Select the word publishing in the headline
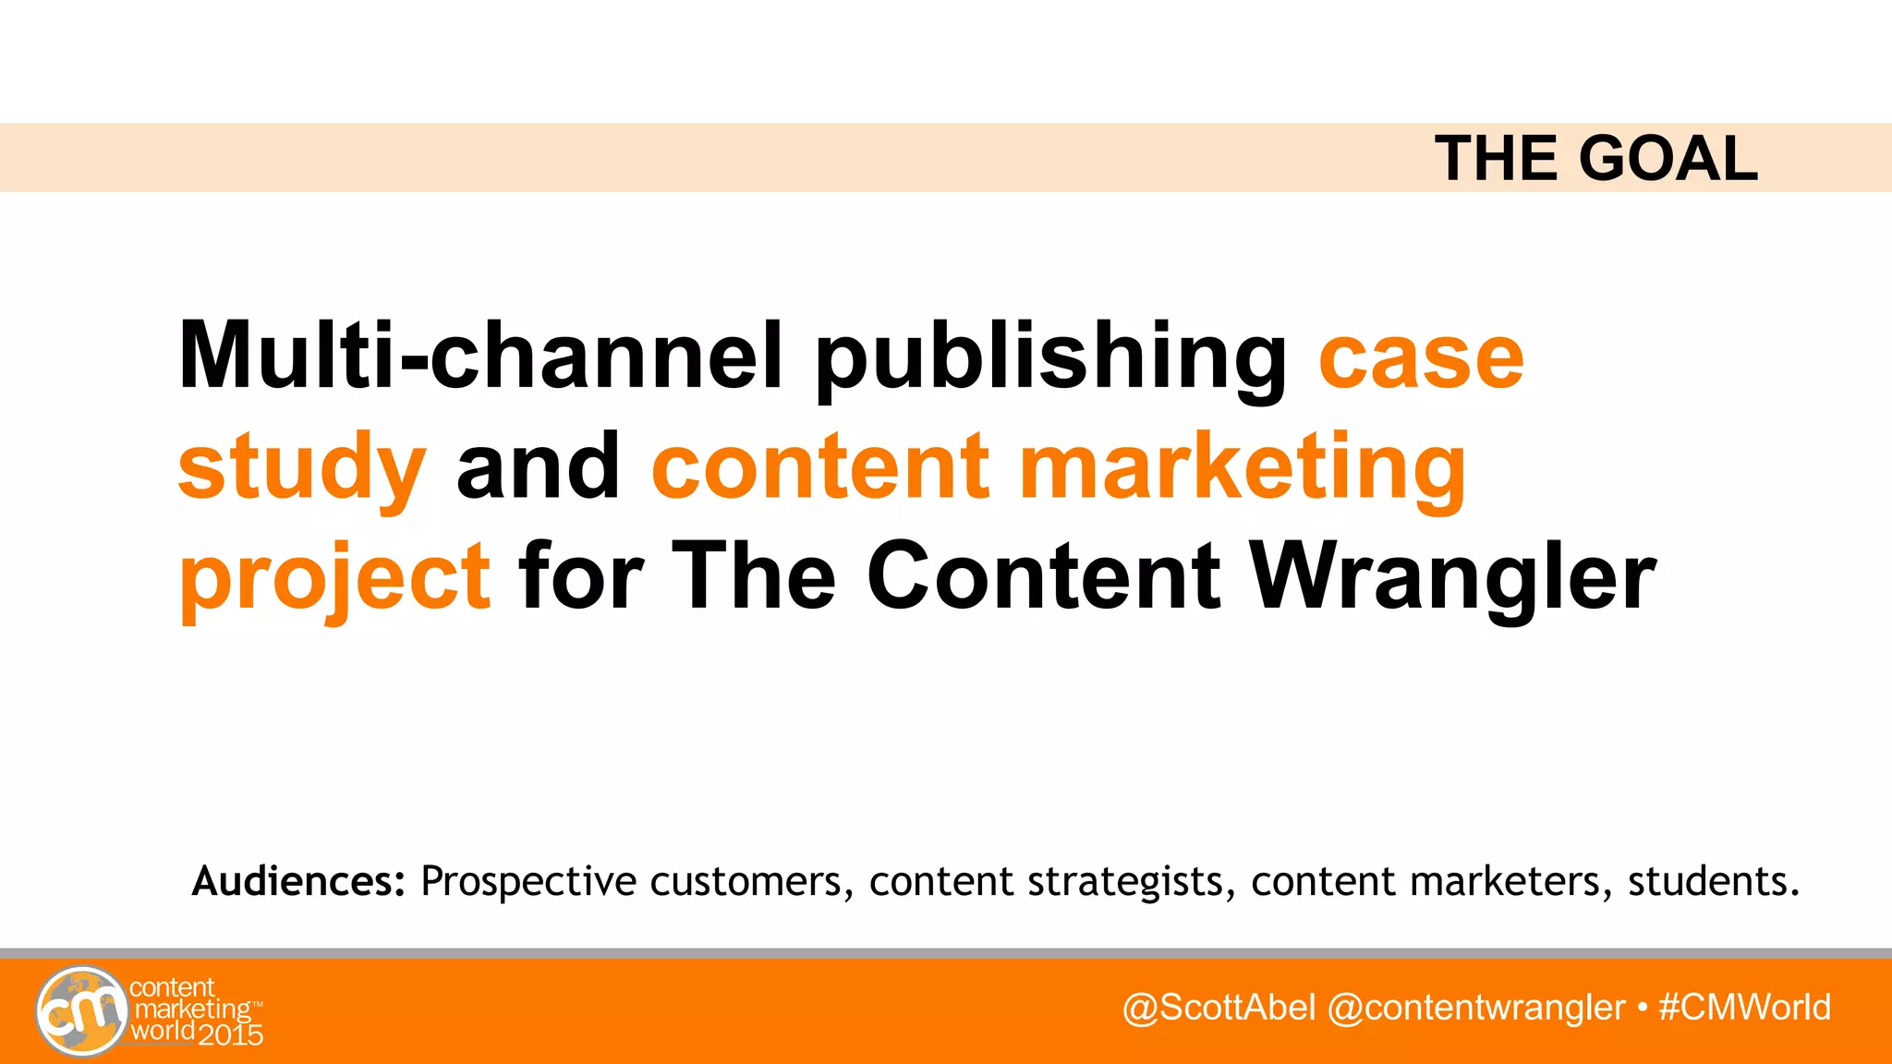click(x=1050, y=360)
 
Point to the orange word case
click(x=1421, y=358)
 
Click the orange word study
click(x=302, y=469)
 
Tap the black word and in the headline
click(x=539, y=466)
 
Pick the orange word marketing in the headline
click(x=1242, y=469)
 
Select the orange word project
click(x=334, y=578)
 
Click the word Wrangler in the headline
click(x=1453, y=578)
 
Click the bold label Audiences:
click(x=298, y=881)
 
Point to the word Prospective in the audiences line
click(x=528, y=882)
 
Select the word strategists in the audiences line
click(x=1132, y=882)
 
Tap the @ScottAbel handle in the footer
click(x=1219, y=1007)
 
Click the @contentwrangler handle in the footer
click(x=1475, y=1007)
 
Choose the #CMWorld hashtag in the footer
click(x=1744, y=1007)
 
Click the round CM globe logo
click(x=81, y=1010)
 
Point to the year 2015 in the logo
click(x=230, y=1034)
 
